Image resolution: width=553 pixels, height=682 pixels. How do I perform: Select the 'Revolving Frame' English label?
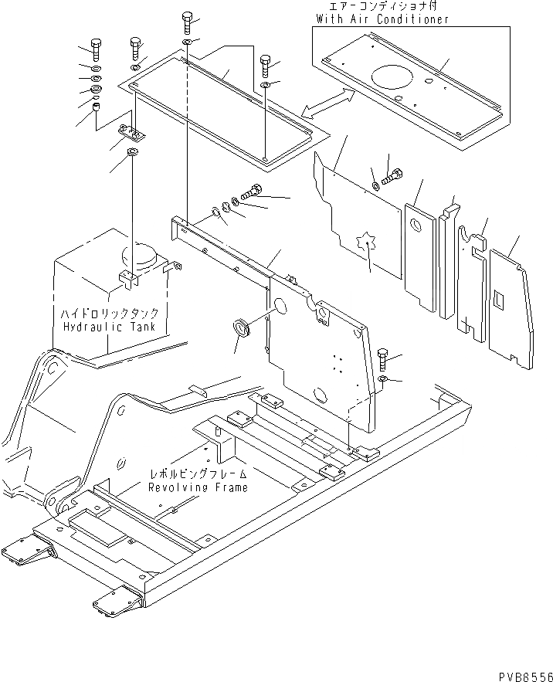point(199,487)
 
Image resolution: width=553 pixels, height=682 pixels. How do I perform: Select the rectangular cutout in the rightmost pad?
point(499,297)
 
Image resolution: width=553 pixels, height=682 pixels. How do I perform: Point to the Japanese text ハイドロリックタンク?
point(110,314)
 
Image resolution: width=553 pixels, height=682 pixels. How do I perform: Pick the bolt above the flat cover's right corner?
point(266,63)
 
